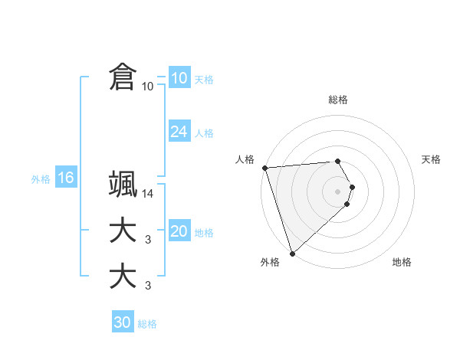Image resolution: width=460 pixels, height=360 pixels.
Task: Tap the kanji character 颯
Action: tap(123, 185)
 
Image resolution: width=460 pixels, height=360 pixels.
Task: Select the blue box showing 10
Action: tap(179, 78)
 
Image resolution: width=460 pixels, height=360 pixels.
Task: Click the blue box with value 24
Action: tap(179, 132)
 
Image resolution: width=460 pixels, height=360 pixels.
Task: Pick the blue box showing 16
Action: tap(65, 178)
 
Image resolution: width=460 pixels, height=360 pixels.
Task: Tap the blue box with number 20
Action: tap(179, 231)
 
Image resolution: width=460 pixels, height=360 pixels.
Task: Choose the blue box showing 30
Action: tap(122, 322)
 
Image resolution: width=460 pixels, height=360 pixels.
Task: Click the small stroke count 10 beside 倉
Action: tap(147, 87)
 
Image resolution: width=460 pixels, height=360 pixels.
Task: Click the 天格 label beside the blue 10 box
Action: tap(204, 80)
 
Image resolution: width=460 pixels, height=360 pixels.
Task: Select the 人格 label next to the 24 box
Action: tap(204, 133)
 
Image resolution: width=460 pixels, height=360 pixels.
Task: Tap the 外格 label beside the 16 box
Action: tap(41, 179)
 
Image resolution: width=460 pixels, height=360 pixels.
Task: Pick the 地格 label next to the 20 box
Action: tap(204, 233)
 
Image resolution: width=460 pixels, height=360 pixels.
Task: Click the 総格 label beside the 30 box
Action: tap(147, 324)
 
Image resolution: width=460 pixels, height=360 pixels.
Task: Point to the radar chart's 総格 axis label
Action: tap(338, 100)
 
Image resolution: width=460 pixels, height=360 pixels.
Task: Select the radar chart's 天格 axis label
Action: tap(432, 159)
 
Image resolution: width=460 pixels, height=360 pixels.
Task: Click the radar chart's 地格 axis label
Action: tap(402, 262)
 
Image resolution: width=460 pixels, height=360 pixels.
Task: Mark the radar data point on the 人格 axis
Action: tap(264, 168)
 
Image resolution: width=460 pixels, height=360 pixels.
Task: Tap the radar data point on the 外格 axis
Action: tap(292, 253)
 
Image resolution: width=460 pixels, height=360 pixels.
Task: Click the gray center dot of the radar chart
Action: tap(338, 191)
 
